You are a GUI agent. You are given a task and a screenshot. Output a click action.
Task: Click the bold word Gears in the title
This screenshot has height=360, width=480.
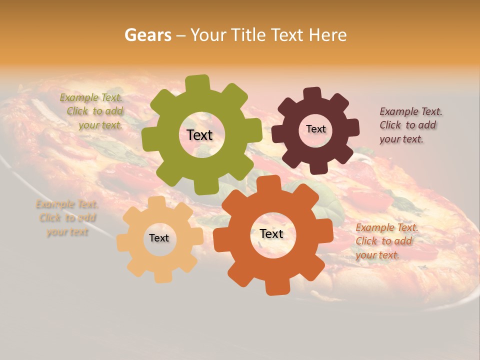(x=148, y=35)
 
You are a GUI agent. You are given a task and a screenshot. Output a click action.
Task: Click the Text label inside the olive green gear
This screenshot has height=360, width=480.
(x=199, y=135)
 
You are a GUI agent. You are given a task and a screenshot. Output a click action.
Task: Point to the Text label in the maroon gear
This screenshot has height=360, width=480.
(x=315, y=129)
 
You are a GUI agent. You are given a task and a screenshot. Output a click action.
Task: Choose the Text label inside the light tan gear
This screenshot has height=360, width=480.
(x=159, y=238)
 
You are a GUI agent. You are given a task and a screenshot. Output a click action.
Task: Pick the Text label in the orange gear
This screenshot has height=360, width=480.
(x=271, y=234)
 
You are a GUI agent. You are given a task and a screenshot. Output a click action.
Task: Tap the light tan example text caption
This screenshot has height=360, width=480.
(x=67, y=218)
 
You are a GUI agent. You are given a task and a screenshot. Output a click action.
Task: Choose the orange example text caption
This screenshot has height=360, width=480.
(x=386, y=241)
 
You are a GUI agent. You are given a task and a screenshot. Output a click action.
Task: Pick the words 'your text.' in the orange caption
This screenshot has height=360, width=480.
(x=377, y=255)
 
